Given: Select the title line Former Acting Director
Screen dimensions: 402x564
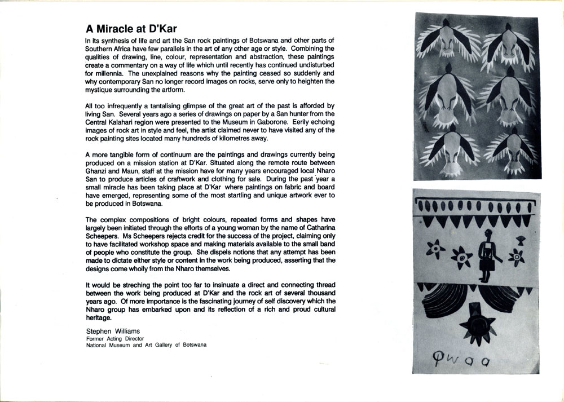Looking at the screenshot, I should (x=115, y=338).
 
